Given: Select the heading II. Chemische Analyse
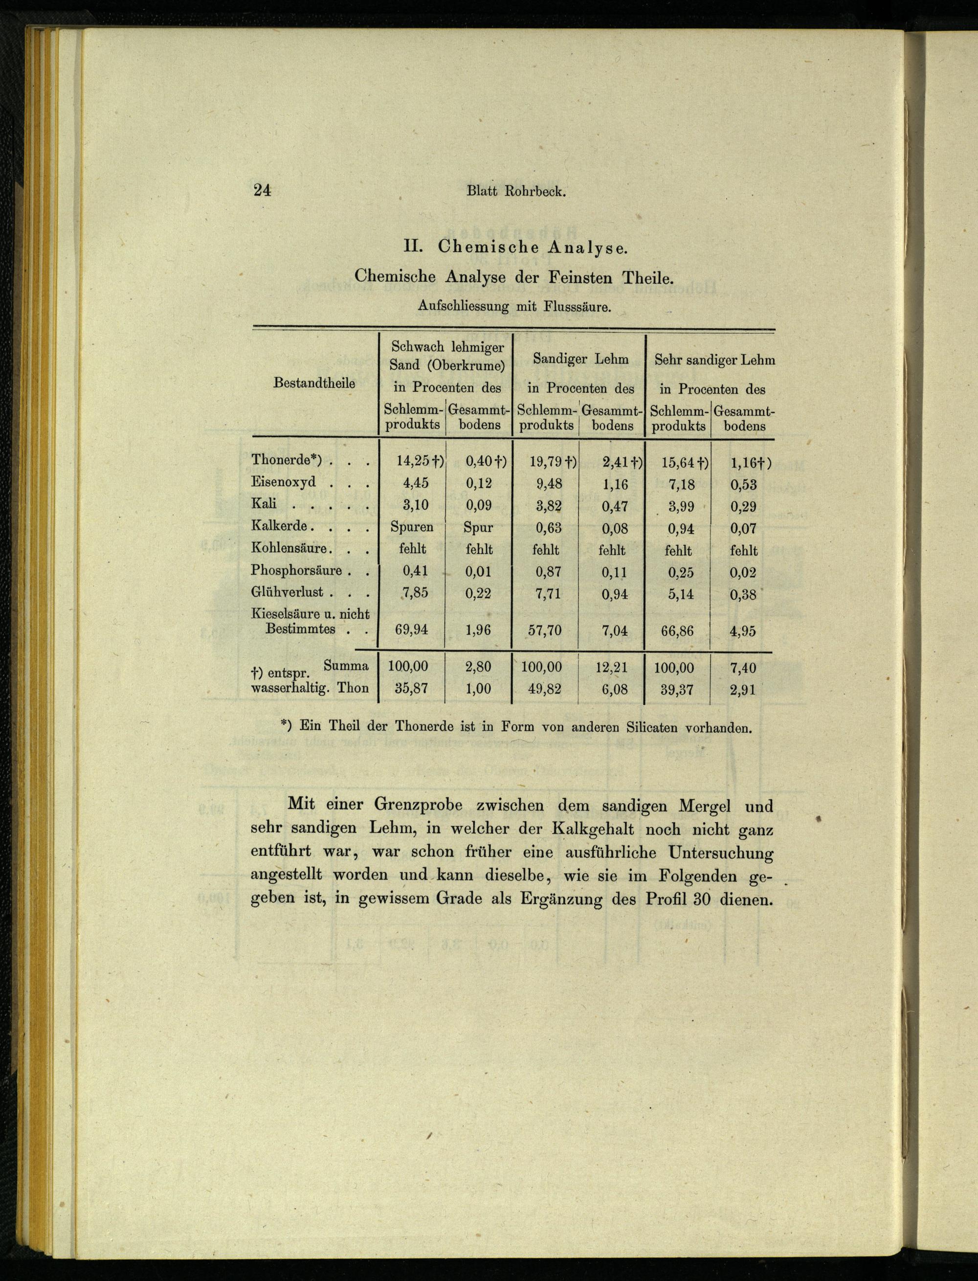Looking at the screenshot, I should point(516,247).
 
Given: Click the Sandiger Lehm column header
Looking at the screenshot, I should point(580,360).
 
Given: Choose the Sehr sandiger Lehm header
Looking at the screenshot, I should point(714,360).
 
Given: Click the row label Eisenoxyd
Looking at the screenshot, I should point(284,483).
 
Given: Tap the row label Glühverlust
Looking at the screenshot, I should point(287,593).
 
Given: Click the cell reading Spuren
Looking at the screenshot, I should point(412,527).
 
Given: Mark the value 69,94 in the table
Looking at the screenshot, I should point(411,630).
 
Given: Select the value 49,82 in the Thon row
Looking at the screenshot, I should point(545,689).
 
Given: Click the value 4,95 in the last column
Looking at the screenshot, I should point(743,630).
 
